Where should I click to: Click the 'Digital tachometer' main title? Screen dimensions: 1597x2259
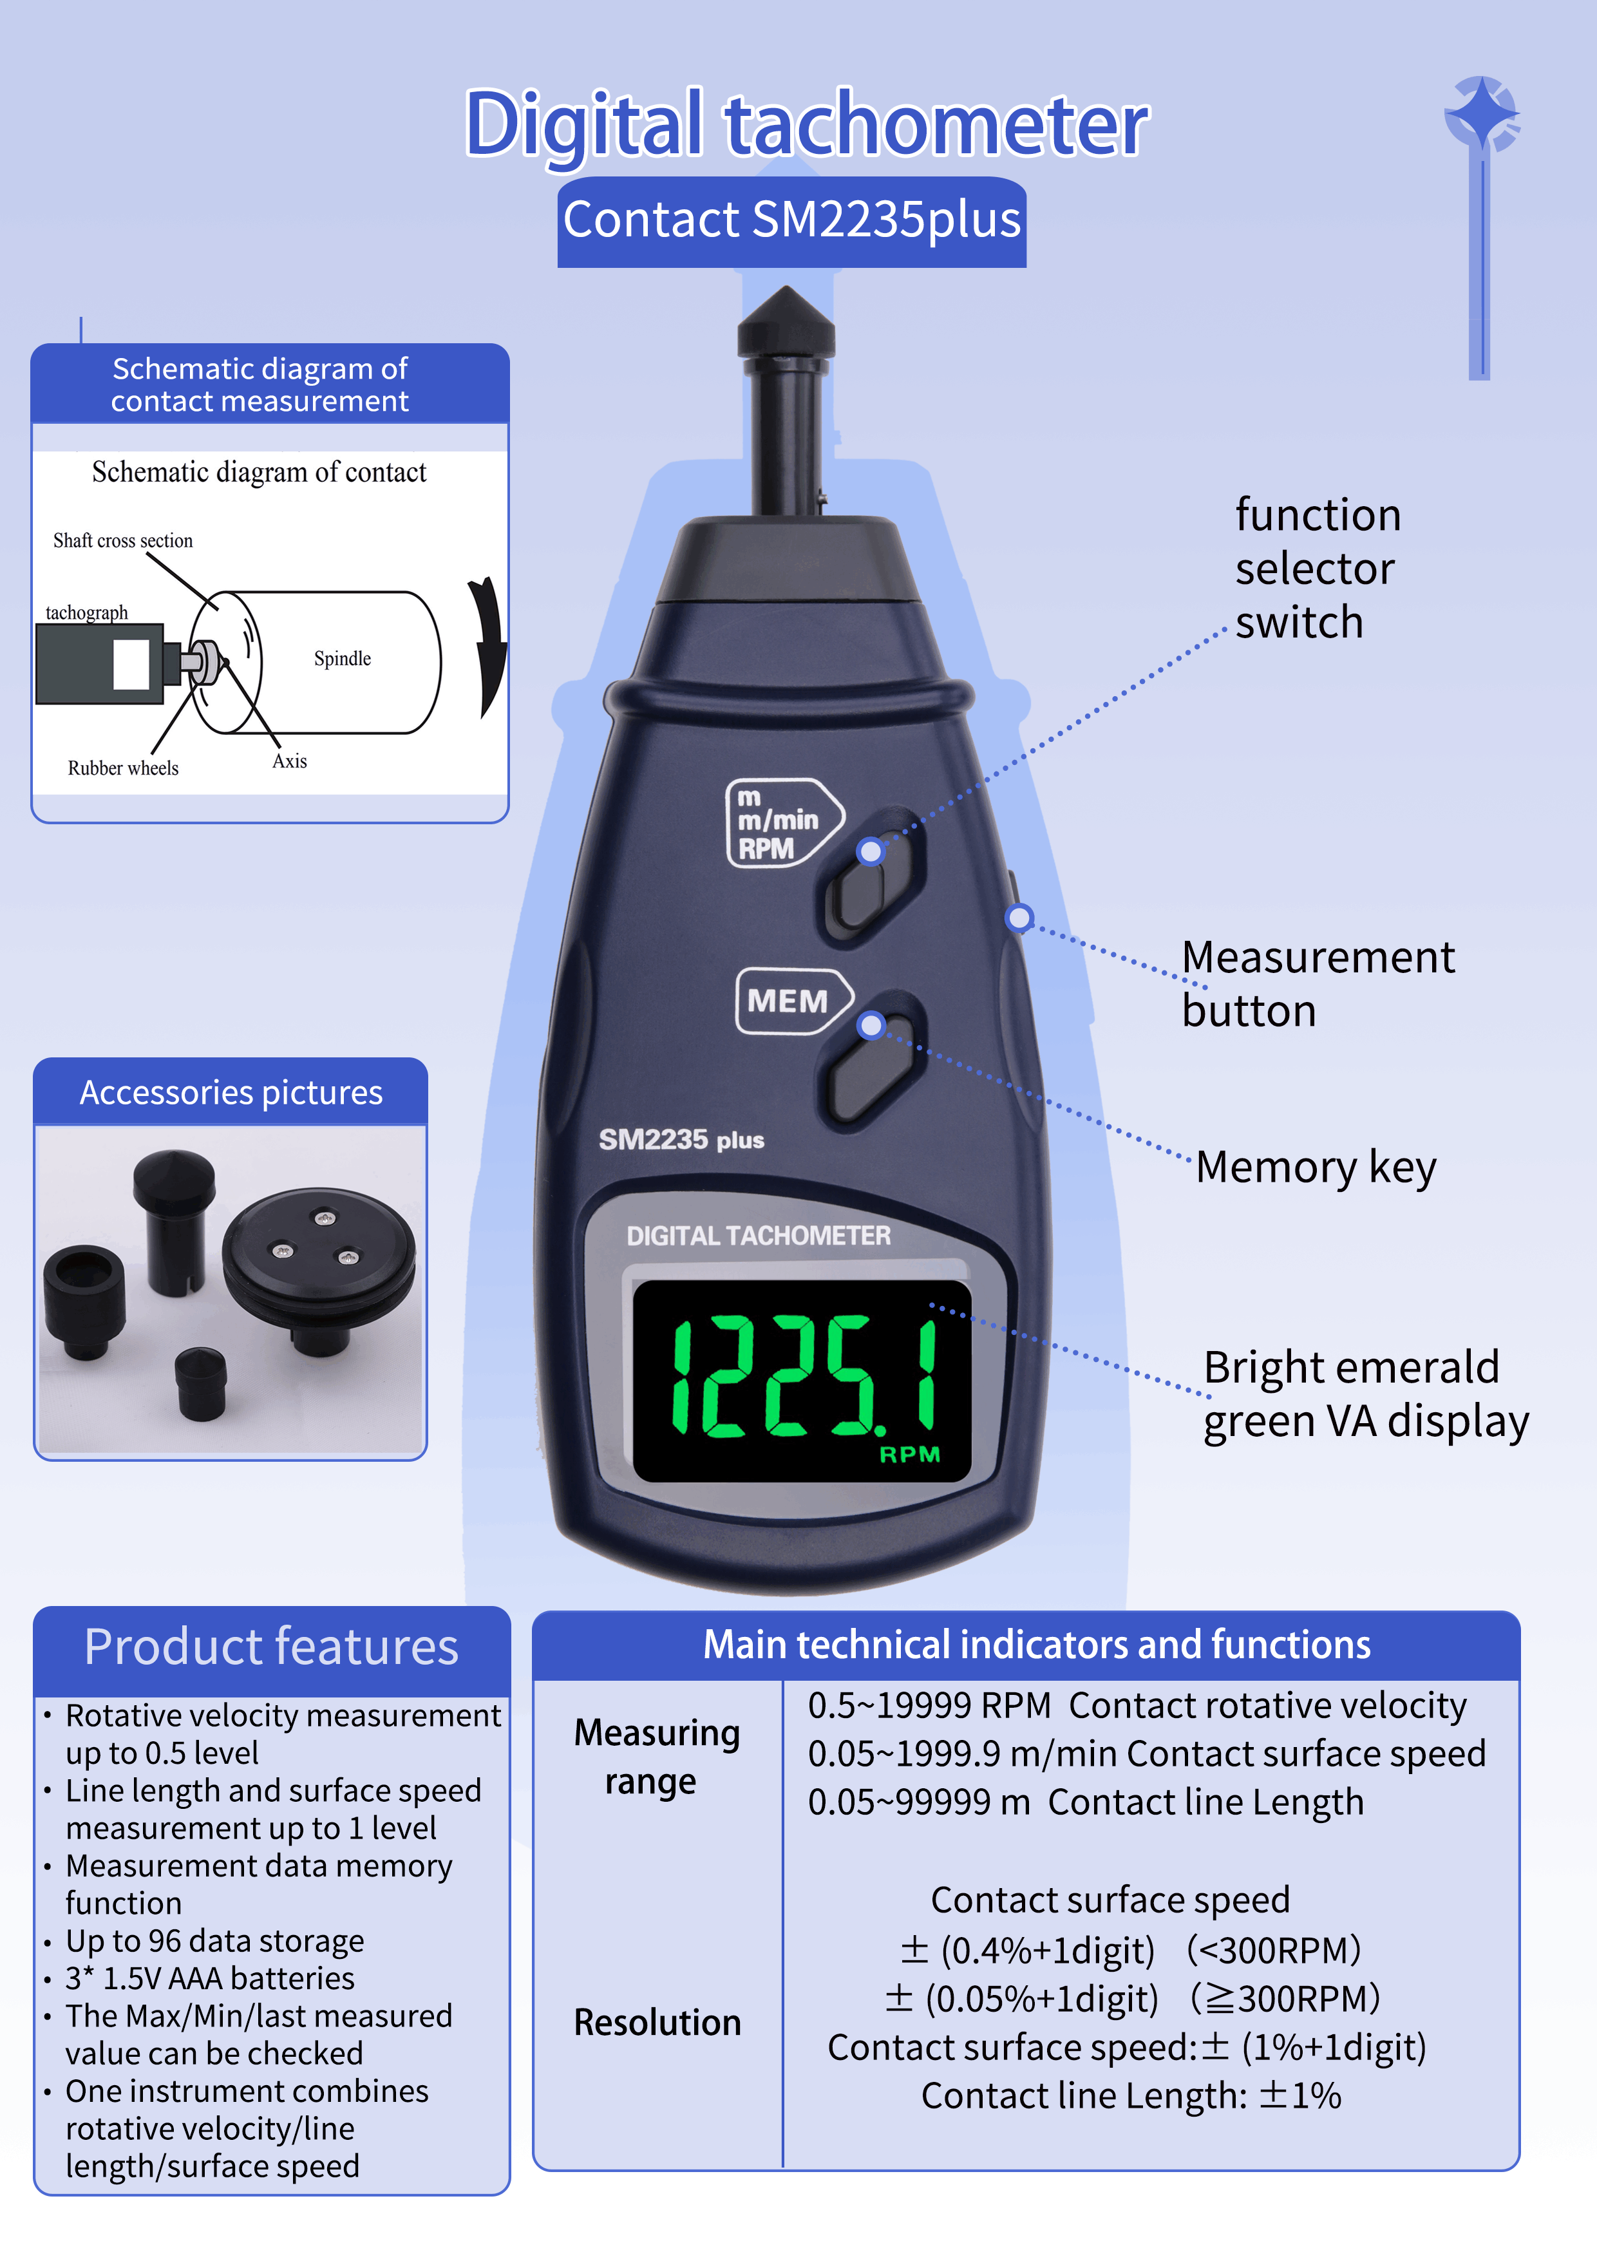(806, 125)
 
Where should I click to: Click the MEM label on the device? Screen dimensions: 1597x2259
(787, 1001)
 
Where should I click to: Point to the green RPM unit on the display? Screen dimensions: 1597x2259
(909, 1453)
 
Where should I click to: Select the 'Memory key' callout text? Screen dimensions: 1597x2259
(1316, 1168)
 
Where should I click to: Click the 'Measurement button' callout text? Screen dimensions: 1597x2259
(1318, 984)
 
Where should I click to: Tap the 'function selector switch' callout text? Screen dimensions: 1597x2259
(1318, 569)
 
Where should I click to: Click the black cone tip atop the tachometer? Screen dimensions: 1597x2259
(786, 322)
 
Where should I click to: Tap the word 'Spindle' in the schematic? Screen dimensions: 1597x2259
(343, 658)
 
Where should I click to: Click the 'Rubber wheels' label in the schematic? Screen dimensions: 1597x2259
(123, 768)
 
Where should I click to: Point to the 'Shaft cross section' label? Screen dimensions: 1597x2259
(123, 540)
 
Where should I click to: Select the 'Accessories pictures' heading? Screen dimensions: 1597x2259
(231, 1092)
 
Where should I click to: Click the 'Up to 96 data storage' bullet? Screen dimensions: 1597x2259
(214, 1940)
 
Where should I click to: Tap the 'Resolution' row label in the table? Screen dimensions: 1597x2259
(657, 2023)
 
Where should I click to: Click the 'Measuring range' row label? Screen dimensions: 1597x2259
(656, 1757)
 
